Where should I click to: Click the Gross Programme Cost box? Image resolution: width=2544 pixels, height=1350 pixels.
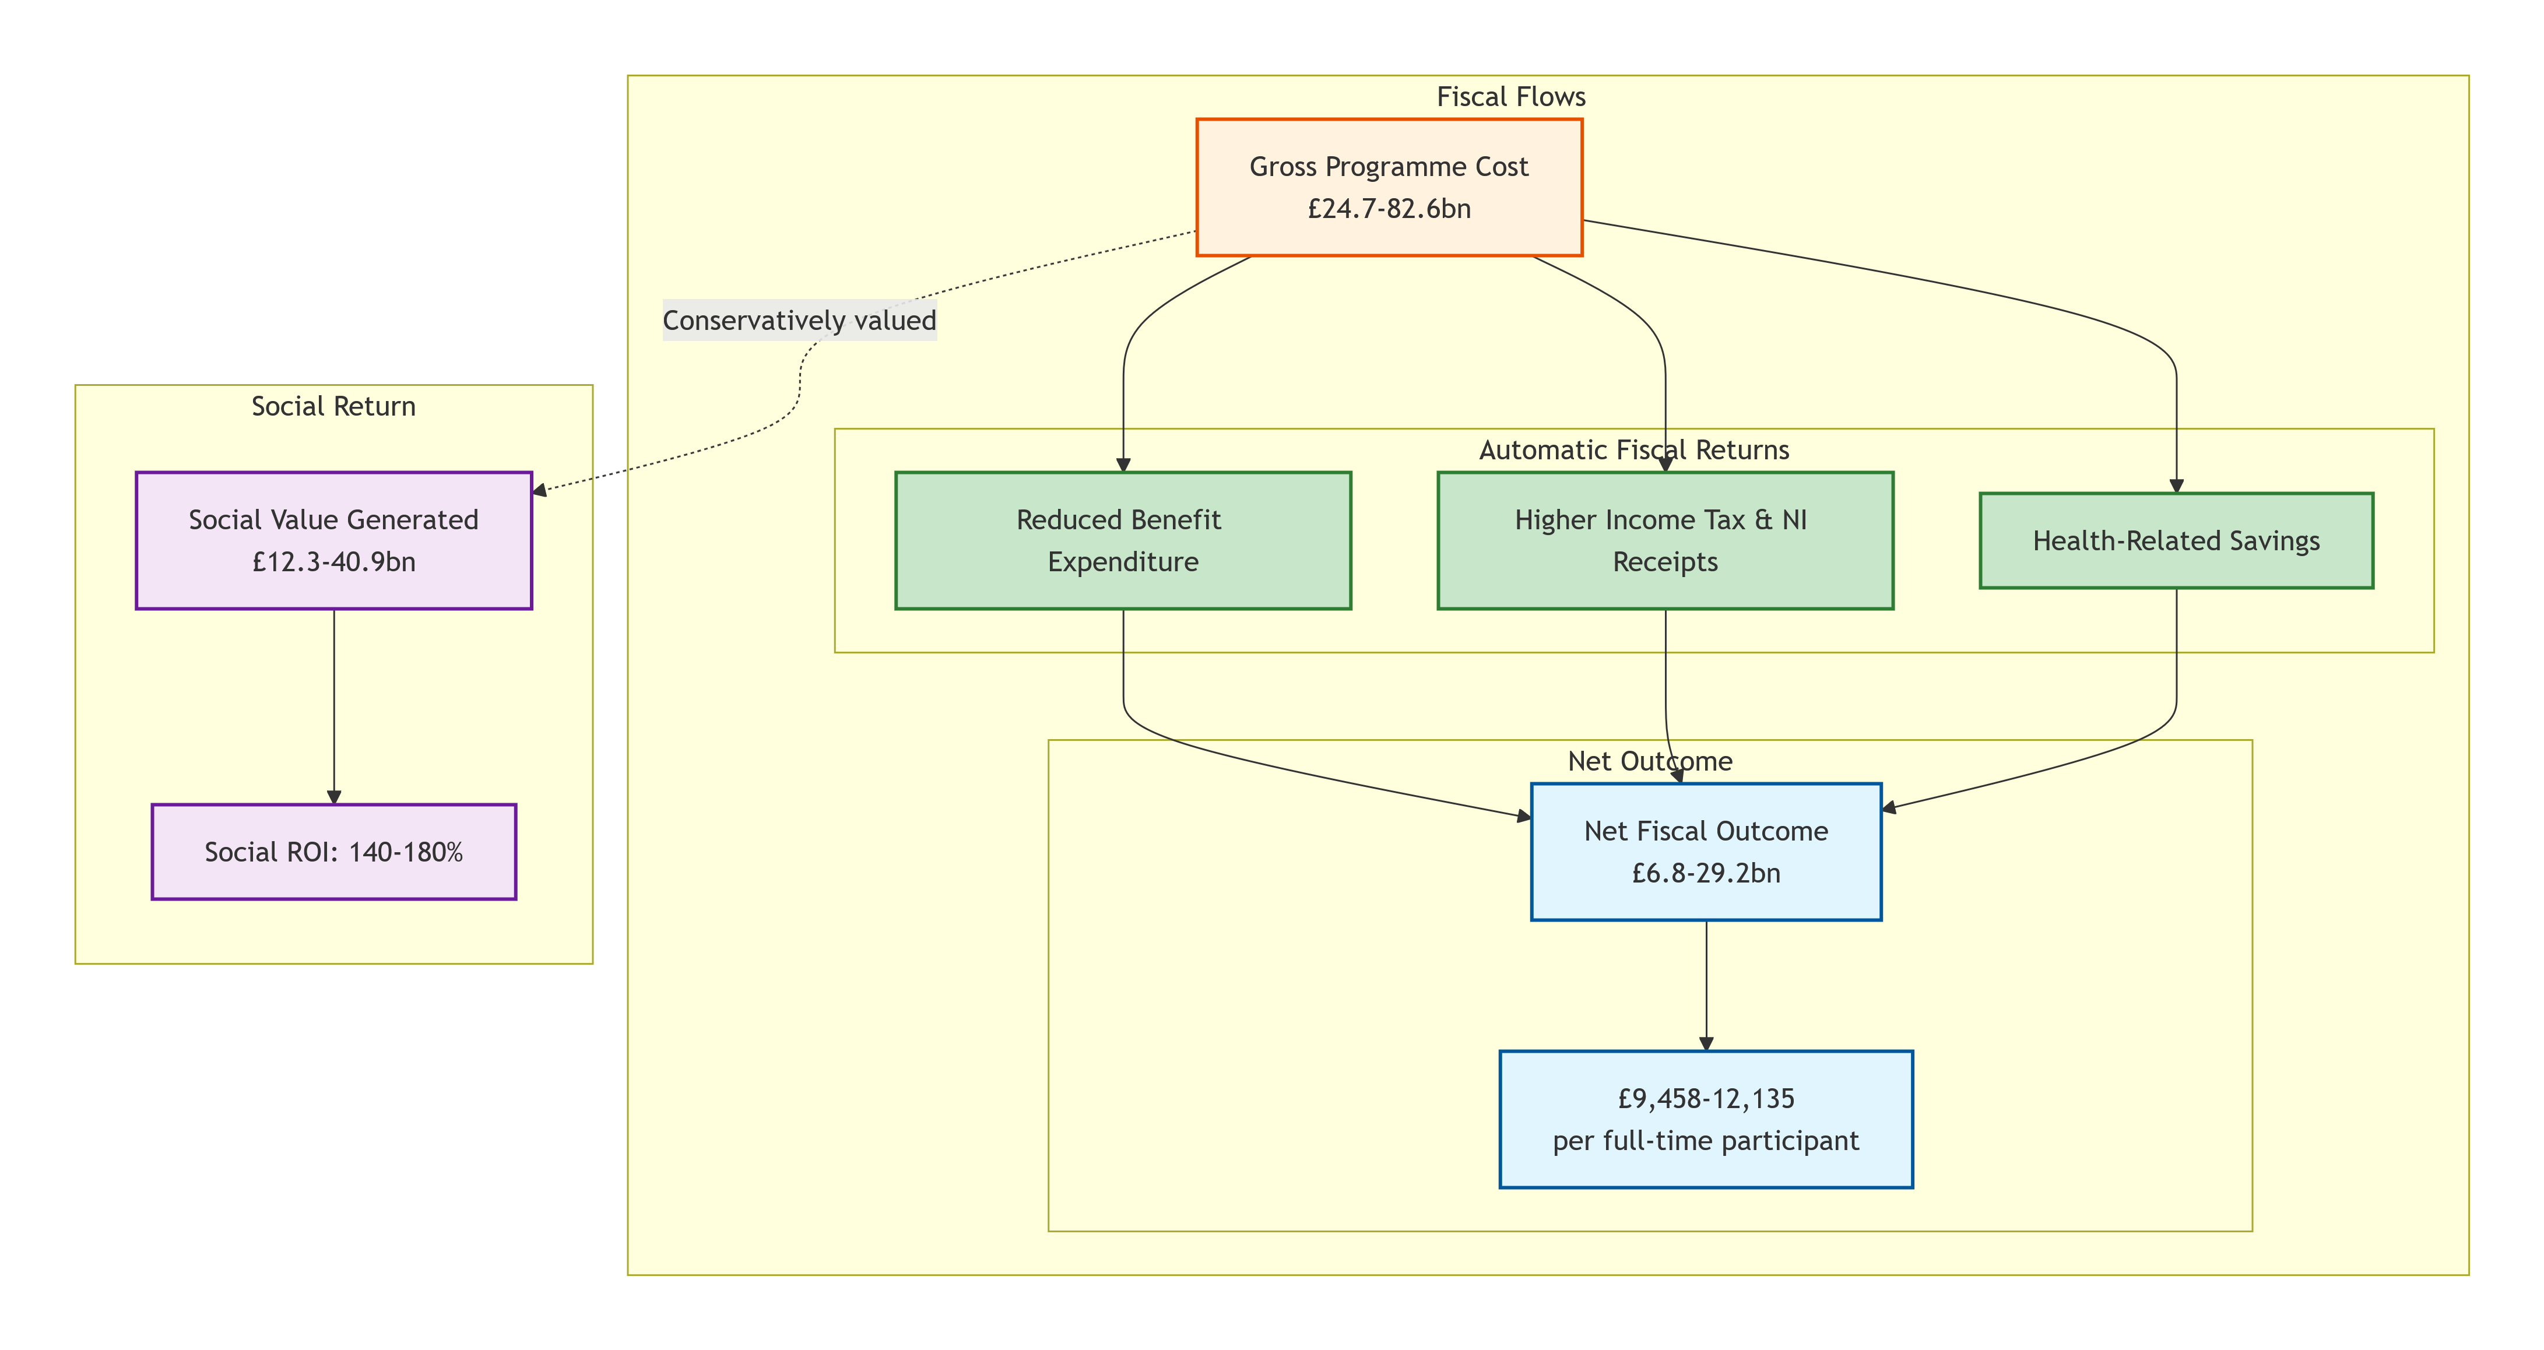point(1389,188)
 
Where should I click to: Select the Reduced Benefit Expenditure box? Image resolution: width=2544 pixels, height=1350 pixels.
point(1123,540)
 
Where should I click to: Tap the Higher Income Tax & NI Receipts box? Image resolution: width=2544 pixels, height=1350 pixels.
point(1665,540)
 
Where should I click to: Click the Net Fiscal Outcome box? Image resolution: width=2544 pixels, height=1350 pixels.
point(1706,851)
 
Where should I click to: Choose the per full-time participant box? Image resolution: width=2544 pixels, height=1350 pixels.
point(1706,1119)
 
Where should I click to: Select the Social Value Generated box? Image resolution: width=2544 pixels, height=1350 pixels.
point(334,540)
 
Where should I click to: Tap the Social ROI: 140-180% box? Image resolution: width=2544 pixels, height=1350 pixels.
point(334,851)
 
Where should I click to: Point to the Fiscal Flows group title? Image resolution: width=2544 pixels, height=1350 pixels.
point(1511,97)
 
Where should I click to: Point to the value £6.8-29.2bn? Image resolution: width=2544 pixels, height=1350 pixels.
point(1706,873)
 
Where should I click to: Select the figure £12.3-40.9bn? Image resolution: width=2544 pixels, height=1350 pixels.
point(334,562)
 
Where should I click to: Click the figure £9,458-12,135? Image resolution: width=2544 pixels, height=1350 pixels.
point(1706,1098)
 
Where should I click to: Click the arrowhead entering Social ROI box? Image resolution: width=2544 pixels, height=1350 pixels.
point(334,797)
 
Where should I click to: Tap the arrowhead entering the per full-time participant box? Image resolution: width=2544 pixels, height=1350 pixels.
point(1706,1044)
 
